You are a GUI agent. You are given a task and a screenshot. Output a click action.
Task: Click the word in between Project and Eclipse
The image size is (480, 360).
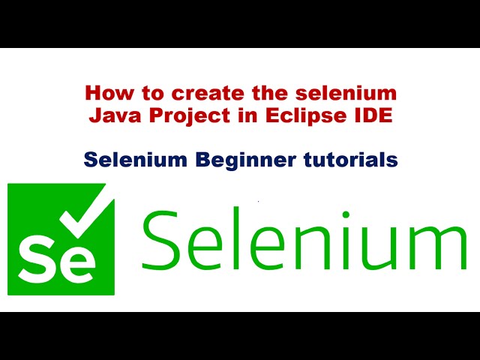click(x=229, y=116)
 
